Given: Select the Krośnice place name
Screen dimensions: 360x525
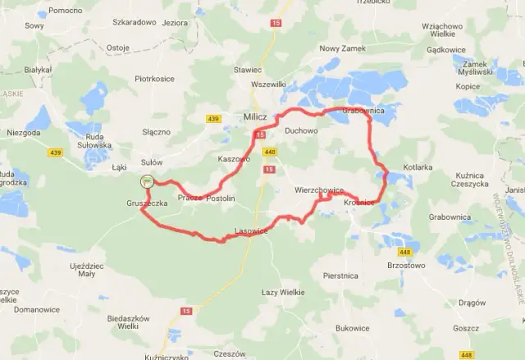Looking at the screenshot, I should point(359,202).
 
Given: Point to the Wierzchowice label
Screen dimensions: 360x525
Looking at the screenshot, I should point(319,190).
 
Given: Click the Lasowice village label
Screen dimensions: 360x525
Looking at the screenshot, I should point(252,231).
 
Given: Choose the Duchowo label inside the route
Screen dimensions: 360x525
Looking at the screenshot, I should point(301,130).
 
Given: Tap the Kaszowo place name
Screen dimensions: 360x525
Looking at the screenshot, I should point(234,158).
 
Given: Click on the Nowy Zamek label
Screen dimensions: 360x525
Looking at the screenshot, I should point(340,48).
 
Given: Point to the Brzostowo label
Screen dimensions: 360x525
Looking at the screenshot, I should point(409,266).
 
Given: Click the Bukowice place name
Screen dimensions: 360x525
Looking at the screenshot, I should point(353,328).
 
